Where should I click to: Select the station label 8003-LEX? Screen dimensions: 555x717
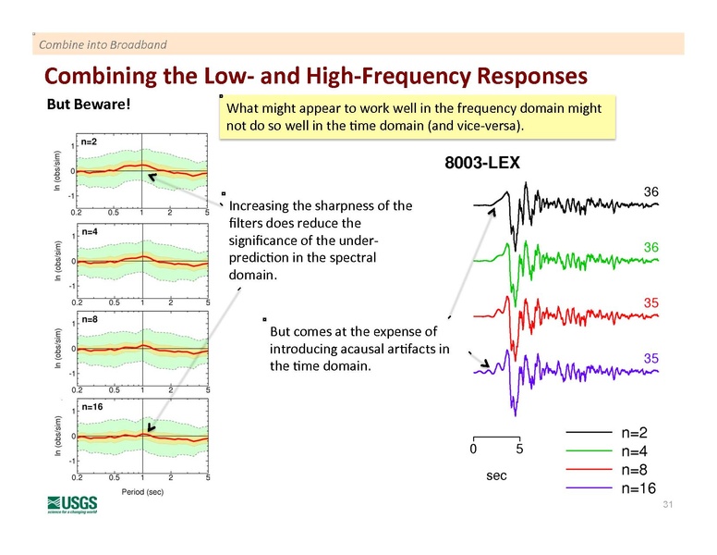click(482, 163)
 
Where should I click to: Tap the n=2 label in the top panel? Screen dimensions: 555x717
click(90, 142)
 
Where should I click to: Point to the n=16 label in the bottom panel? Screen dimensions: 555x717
click(92, 406)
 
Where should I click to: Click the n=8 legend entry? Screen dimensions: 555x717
click(638, 470)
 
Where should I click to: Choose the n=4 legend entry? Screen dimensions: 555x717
click(638, 451)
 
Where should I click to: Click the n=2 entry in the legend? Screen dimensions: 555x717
click(638, 433)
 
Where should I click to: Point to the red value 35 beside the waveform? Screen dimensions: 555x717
click(650, 302)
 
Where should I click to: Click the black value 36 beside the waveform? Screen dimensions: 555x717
click(650, 191)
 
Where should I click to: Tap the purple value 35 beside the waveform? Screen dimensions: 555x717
click(650, 357)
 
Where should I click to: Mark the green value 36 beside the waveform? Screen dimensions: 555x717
click(650, 247)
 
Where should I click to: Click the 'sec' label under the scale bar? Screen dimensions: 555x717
click(496, 474)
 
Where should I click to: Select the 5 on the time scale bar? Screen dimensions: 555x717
click(519, 450)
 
